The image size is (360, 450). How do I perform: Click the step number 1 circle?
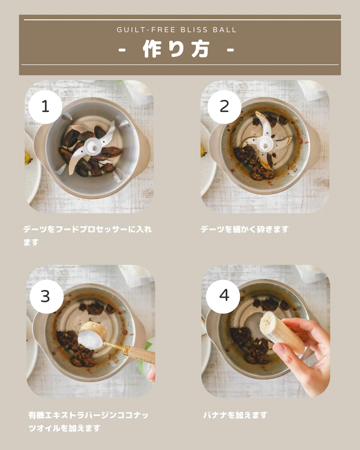(45, 107)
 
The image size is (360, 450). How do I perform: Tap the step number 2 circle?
(224, 107)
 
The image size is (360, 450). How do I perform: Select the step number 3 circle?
(46, 296)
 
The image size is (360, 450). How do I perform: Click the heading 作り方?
(176, 49)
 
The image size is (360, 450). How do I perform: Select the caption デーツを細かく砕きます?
(245, 229)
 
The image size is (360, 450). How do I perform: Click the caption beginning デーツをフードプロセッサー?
(87, 236)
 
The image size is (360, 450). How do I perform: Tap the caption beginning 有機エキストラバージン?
(89, 422)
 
